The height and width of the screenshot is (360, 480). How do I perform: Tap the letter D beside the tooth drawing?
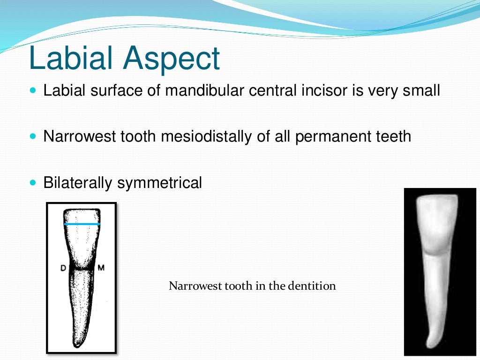pos(63,268)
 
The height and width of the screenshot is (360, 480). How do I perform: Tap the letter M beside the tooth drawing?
pos(101,268)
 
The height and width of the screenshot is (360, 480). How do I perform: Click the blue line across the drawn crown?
pos(82,224)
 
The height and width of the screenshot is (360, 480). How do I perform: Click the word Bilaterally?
pos(78,183)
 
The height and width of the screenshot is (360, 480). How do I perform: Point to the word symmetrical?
pos(160,183)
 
